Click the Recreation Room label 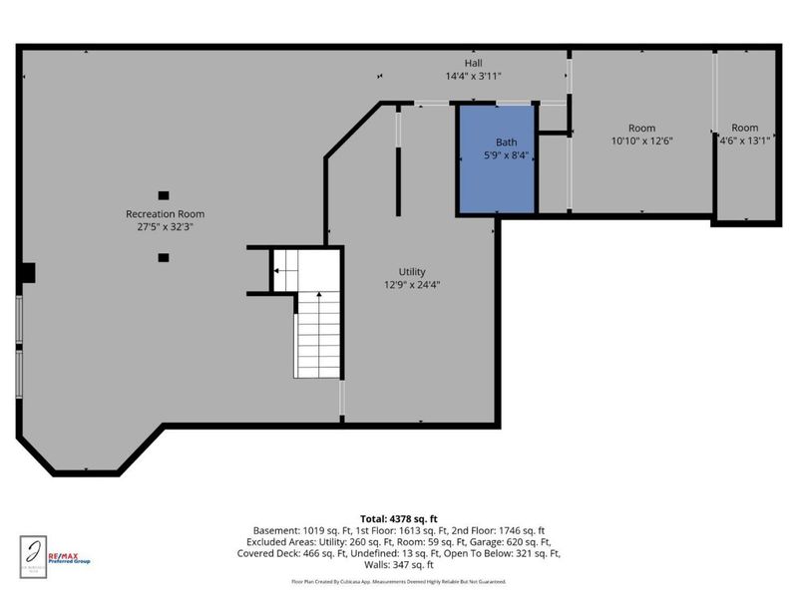pos(165,214)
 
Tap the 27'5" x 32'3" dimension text pos(165,227)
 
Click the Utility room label pos(412,271)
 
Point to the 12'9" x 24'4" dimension pos(412,284)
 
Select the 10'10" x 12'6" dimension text pos(641,142)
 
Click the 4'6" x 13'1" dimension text pos(744,142)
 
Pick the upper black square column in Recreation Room pos(164,195)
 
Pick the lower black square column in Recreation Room pos(164,257)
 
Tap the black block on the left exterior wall pos(28,272)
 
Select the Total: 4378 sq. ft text pos(399,518)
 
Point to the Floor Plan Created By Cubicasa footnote pos(399,581)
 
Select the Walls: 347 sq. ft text pos(399,564)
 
